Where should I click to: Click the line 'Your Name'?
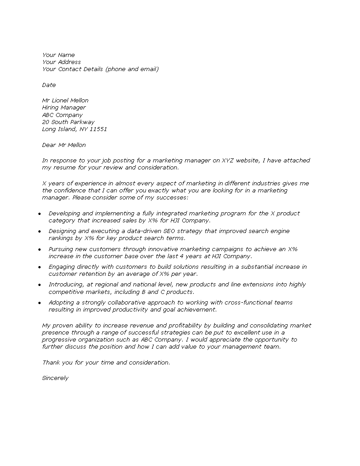[59, 55]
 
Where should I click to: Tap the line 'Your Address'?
[62, 62]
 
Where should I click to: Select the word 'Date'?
[49, 85]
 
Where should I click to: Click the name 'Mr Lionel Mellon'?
[65, 101]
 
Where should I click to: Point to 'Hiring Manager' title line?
[64, 108]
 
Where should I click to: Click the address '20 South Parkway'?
[68, 122]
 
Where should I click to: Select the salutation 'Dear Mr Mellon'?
[64, 145]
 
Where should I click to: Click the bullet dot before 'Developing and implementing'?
[39, 214]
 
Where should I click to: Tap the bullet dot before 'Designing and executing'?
[39, 231]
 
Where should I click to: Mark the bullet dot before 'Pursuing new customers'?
[39, 249]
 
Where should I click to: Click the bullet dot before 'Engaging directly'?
[39, 267]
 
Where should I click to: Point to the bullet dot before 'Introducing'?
[39, 285]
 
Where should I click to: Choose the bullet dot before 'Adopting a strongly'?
[39, 303]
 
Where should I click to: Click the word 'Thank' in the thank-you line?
[51, 363]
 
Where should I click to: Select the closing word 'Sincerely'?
[55, 378]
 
